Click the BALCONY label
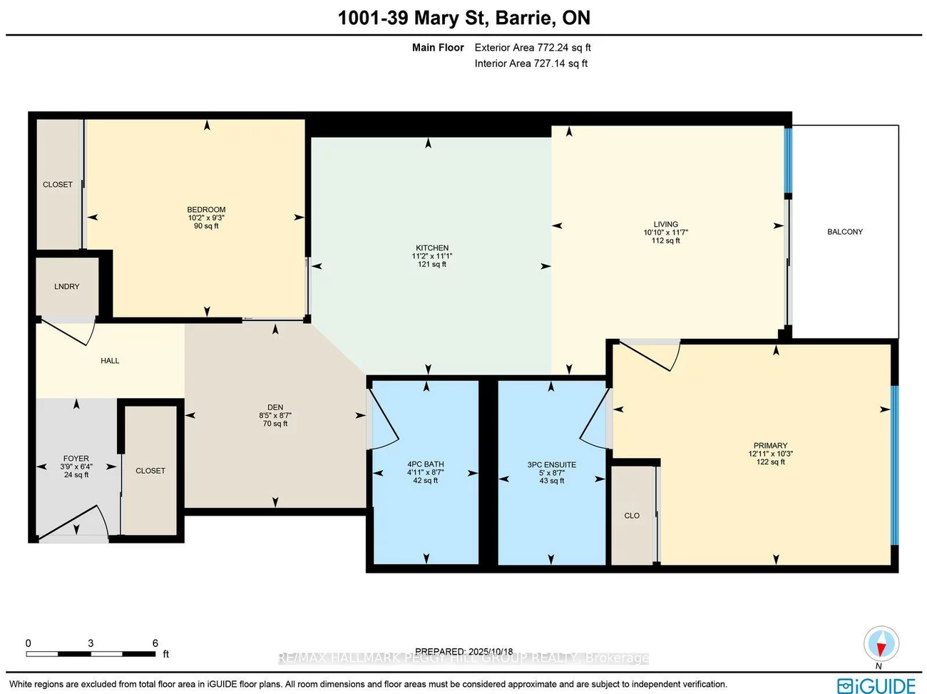click(844, 232)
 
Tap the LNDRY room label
click(66, 287)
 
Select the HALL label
click(110, 361)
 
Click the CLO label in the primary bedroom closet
click(632, 516)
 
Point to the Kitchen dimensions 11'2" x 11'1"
click(432, 256)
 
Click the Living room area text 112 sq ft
click(665, 241)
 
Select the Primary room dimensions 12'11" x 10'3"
click(770, 454)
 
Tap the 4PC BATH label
click(425, 464)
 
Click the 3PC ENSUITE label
click(551, 465)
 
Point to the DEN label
click(275, 407)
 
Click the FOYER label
click(76, 459)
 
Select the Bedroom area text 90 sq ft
click(206, 226)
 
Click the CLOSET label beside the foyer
click(150, 471)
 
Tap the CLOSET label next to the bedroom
click(58, 185)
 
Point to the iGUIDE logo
click(876, 685)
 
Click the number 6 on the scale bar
click(155, 643)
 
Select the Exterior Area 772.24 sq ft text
click(532, 48)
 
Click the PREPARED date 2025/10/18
click(463, 651)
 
